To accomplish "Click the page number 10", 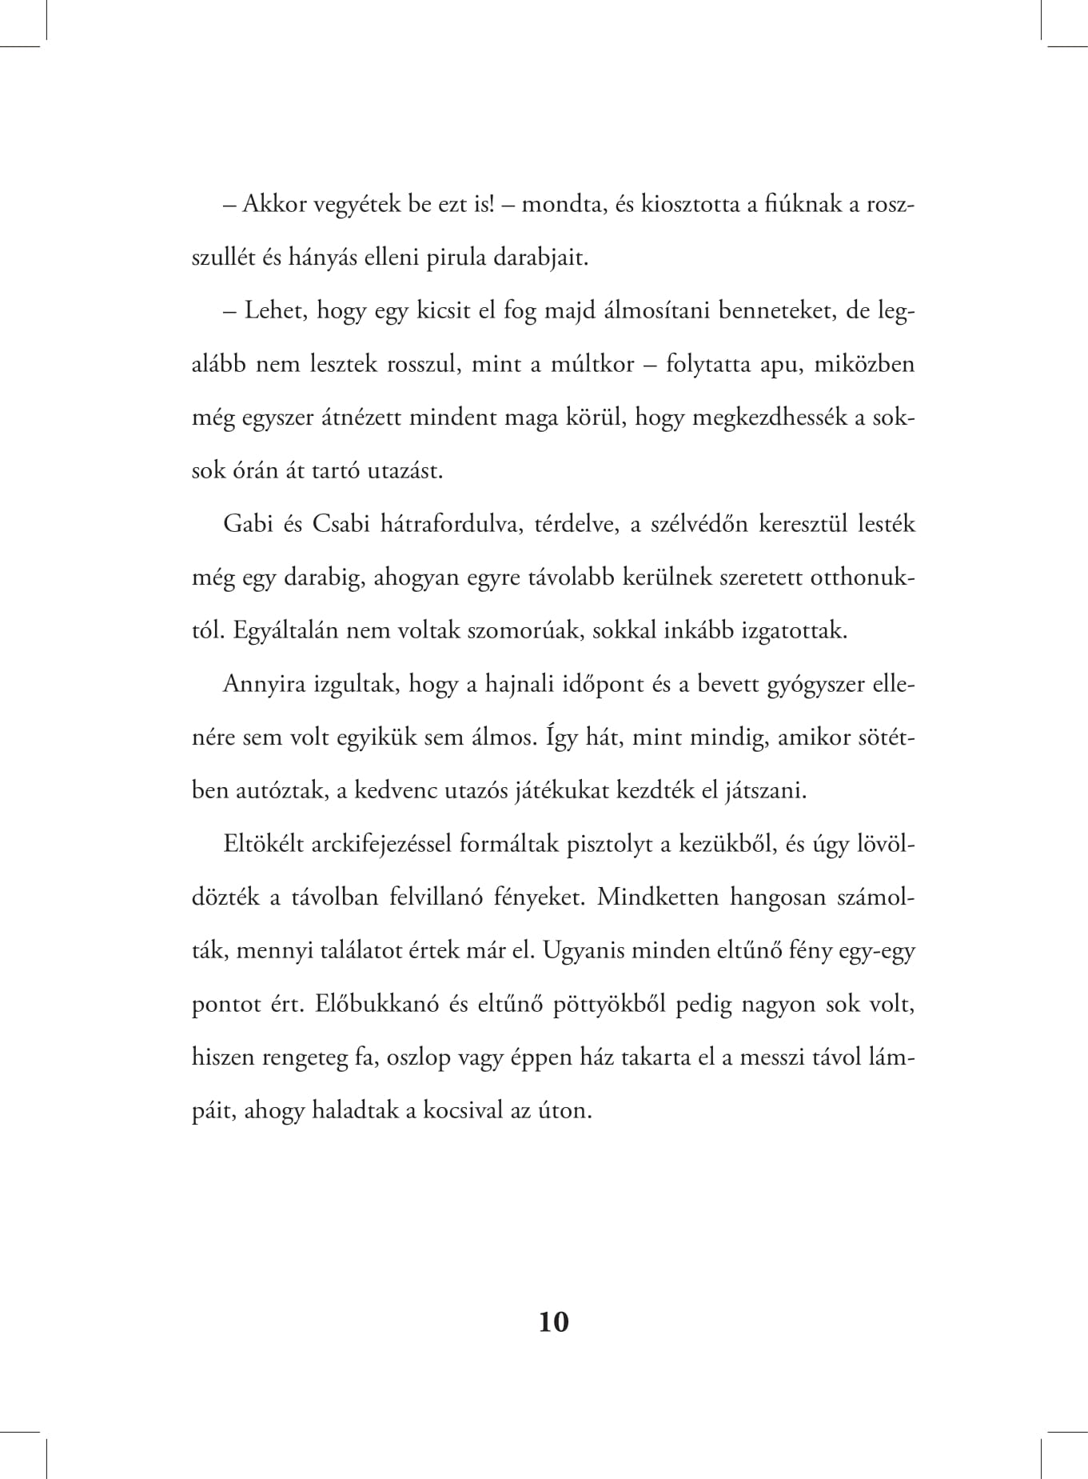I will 554,1321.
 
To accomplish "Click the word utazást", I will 405,470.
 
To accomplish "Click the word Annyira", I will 264,685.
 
